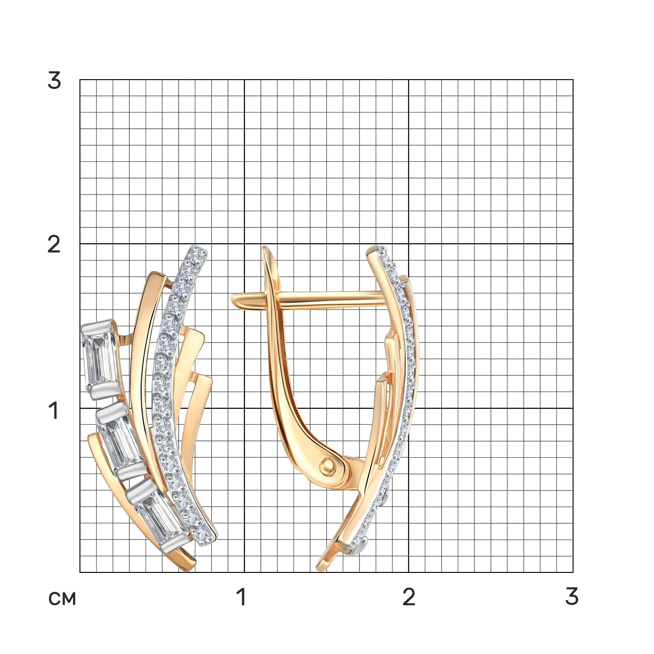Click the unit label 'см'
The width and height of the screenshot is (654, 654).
coord(62,599)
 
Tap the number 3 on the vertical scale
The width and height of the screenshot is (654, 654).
coord(55,81)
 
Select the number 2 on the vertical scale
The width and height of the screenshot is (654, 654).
coord(54,244)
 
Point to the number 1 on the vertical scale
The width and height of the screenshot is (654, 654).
coord(54,410)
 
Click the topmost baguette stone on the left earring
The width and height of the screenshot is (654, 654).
coord(99,360)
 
